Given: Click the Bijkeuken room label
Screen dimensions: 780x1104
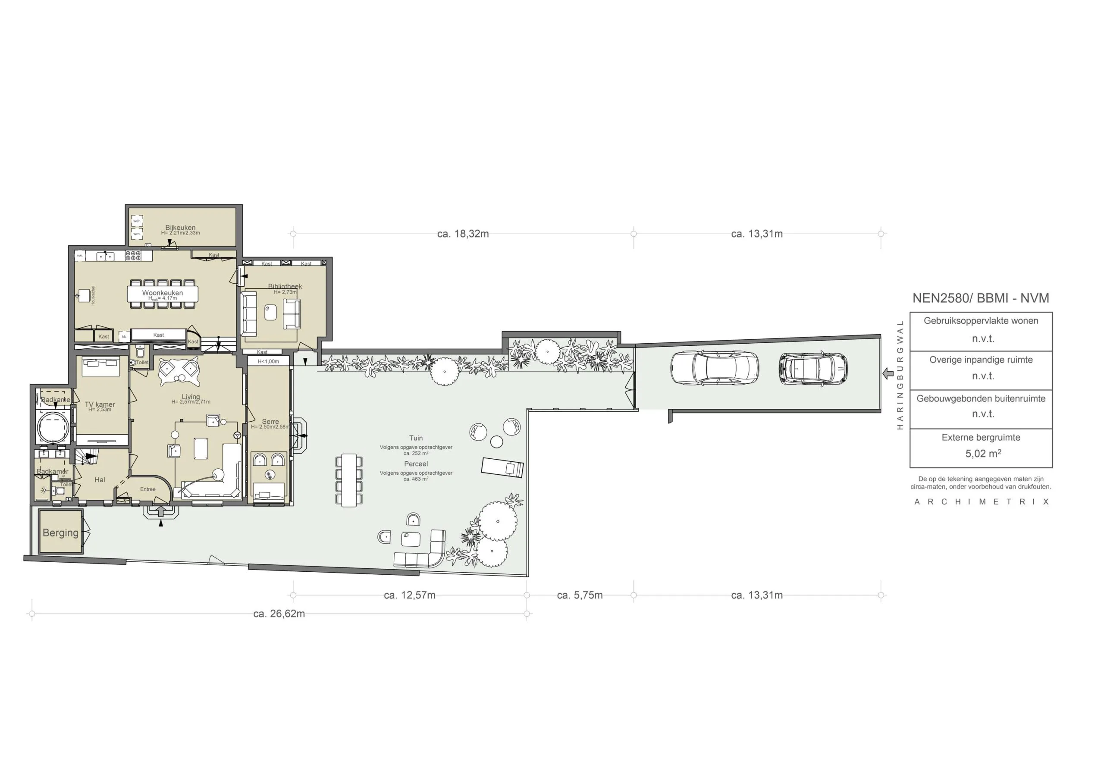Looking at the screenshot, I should [180, 228].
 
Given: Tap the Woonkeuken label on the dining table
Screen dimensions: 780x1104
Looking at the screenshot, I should [163, 293].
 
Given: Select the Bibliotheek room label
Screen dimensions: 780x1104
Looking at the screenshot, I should [285, 286].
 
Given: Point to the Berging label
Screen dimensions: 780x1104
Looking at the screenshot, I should [60, 533].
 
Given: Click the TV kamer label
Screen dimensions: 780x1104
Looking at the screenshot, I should [100, 404].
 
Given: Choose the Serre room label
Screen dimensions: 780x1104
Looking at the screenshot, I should [270, 421].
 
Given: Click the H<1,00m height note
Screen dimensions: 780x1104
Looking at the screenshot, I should [268, 362].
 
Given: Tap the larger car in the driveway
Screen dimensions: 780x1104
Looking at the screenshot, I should [715, 368].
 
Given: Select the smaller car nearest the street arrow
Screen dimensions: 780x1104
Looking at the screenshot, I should [813, 369].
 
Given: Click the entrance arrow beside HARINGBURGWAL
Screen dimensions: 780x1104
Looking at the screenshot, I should [888, 373].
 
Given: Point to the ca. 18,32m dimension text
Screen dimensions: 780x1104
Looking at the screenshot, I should [463, 234].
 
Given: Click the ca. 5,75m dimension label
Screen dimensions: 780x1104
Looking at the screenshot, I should [580, 595].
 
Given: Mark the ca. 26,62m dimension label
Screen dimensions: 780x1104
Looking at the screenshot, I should [279, 614].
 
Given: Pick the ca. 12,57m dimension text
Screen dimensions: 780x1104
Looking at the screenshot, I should [410, 595].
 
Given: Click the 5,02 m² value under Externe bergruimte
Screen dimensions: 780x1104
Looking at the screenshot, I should [983, 454].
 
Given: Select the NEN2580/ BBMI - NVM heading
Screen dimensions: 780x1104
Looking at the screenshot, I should [981, 298].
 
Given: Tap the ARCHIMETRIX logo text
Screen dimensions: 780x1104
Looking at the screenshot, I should [982, 501].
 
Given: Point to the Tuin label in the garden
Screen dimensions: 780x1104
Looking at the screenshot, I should [416, 438].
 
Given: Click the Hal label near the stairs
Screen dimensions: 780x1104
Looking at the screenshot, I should [100, 479].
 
